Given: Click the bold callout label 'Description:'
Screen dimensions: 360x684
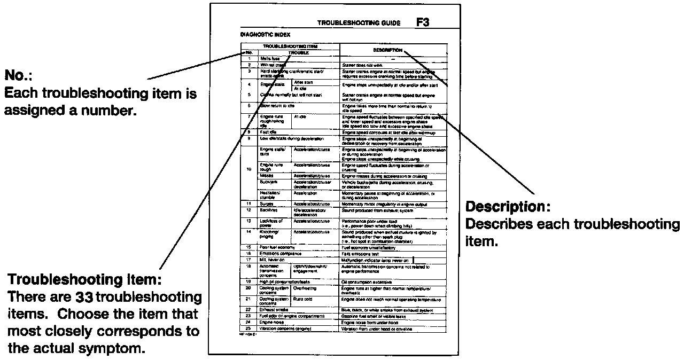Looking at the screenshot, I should click(x=508, y=207).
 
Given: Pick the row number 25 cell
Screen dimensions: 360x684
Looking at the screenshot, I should click(x=248, y=328).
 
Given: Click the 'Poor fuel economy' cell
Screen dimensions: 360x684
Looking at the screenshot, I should click(x=278, y=247).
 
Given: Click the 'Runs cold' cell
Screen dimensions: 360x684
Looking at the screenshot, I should click(x=302, y=299).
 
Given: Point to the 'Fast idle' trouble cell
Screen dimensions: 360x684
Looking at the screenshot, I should click(x=268, y=131).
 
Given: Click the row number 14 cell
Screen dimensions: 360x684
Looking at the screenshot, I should click(x=248, y=231).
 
